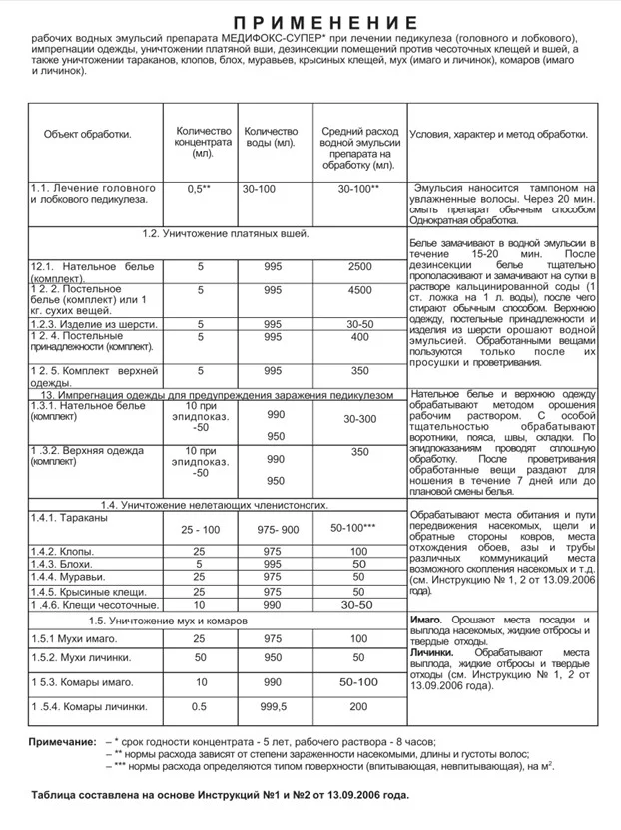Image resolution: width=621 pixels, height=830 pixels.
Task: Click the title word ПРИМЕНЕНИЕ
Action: coord(310,22)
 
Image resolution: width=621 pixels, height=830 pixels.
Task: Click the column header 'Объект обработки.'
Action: coord(88,134)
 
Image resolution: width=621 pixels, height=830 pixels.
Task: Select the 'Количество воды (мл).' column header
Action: coord(271,138)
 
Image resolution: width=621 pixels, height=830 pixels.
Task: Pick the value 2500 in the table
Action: coord(359,267)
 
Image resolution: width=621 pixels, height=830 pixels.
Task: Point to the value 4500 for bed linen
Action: coord(359,290)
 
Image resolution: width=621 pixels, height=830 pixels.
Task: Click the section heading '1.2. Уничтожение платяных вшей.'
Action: coord(225,234)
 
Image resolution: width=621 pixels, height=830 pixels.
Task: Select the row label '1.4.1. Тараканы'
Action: coord(75,518)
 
